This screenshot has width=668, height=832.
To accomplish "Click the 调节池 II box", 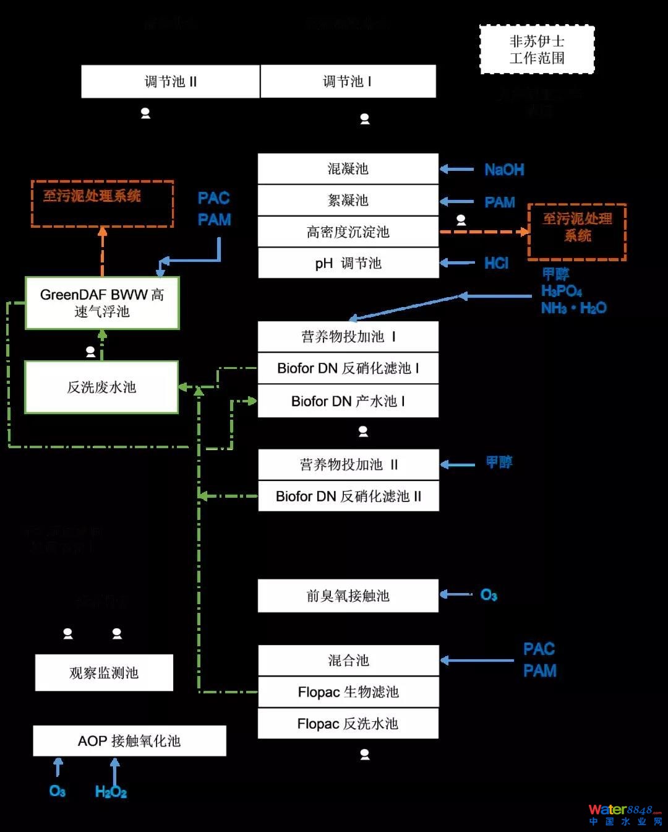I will [170, 82].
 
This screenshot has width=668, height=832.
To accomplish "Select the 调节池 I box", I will [348, 82].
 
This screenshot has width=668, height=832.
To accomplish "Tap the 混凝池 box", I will [348, 168].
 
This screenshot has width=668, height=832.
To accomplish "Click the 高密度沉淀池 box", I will [348, 232].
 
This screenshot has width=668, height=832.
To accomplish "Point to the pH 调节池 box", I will [348, 263].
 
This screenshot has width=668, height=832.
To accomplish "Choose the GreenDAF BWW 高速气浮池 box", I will [102, 303].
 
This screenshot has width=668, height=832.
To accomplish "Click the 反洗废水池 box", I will [101, 388].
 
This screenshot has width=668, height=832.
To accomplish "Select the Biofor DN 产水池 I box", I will [348, 401].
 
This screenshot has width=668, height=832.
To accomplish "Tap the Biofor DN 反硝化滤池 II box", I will [348, 496].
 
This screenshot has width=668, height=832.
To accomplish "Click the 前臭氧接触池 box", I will [348, 596].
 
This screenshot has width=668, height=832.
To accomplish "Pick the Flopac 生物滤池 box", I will [348, 692].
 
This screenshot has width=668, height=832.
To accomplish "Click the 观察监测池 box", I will [104, 673].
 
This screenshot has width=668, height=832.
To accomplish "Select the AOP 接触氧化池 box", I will [129, 741].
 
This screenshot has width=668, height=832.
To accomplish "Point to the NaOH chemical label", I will [504, 170].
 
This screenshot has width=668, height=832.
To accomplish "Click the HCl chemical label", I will [496, 263].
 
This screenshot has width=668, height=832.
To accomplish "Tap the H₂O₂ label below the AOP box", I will [111, 792].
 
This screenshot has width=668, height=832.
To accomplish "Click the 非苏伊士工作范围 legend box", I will [537, 50].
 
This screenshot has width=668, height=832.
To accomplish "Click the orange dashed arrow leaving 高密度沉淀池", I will [482, 232].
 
